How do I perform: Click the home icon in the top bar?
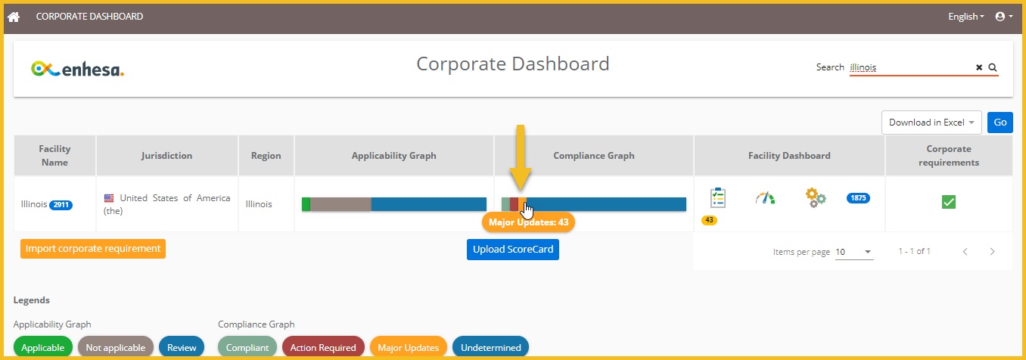click(14, 16)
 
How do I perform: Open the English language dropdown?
click(966, 17)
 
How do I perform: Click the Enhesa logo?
click(77, 69)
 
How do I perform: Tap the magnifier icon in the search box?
click(993, 67)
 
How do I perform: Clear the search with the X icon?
click(979, 67)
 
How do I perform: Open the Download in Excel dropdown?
click(931, 123)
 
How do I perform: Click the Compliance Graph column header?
click(594, 156)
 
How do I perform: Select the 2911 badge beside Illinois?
click(61, 205)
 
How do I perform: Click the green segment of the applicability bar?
click(306, 204)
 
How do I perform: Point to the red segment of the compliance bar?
click(514, 204)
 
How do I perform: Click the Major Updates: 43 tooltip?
click(528, 222)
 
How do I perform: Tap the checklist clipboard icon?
click(717, 198)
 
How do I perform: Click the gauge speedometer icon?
click(765, 198)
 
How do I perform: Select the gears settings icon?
click(815, 198)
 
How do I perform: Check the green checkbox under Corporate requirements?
click(948, 201)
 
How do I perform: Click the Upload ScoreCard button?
click(512, 250)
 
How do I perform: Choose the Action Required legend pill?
click(323, 348)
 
